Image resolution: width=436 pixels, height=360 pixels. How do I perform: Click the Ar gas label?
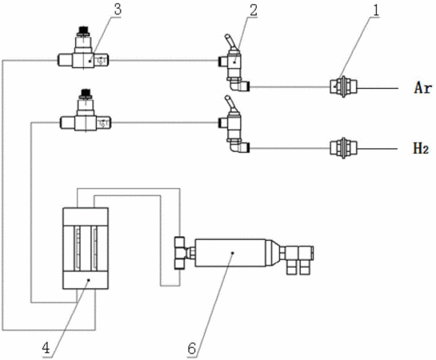pyautogui.click(x=422, y=88)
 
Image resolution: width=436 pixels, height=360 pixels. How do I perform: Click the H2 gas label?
pyautogui.click(x=421, y=149)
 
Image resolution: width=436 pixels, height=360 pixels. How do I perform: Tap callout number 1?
pyautogui.click(x=376, y=10)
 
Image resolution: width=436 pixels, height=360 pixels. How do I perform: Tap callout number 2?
pyautogui.click(x=254, y=10)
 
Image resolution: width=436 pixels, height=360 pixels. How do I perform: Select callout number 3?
pyautogui.click(x=118, y=10)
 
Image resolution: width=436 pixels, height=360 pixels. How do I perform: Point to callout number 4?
pyautogui.click(x=46, y=347)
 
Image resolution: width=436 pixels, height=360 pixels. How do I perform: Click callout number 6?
pyautogui.click(x=191, y=348)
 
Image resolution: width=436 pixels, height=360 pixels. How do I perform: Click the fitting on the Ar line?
pyautogui.click(x=343, y=86)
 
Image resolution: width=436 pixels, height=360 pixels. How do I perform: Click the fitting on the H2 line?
pyautogui.click(x=343, y=148)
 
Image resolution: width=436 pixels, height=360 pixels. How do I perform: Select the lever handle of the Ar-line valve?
pyautogui.click(x=230, y=41)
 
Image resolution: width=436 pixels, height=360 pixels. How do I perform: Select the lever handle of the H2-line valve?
pyautogui.click(x=230, y=102)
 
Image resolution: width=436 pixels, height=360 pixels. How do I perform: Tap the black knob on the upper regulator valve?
pyautogui.click(x=84, y=31)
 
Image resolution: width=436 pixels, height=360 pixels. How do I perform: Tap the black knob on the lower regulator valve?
pyautogui.click(x=86, y=94)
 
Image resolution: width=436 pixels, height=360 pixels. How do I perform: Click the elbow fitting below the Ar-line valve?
pyautogui.click(x=239, y=84)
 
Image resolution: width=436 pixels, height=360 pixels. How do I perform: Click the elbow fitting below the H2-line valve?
pyautogui.click(x=239, y=146)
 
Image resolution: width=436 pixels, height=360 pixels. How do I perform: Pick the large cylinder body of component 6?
pyautogui.click(x=230, y=253)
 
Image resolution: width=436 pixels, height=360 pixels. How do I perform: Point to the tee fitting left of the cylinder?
pyautogui.click(x=181, y=253)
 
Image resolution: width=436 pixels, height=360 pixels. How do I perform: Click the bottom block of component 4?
pyautogui.click(x=86, y=280)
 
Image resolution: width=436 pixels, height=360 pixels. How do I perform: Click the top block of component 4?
pyautogui.click(x=86, y=217)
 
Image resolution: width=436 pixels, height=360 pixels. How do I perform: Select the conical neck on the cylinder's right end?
pyautogui.click(x=273, y=253)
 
